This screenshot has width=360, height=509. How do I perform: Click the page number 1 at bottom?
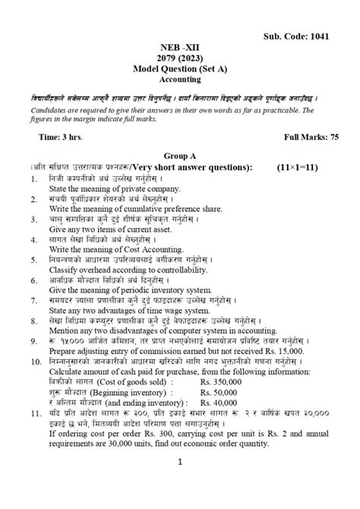click(181, 483)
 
